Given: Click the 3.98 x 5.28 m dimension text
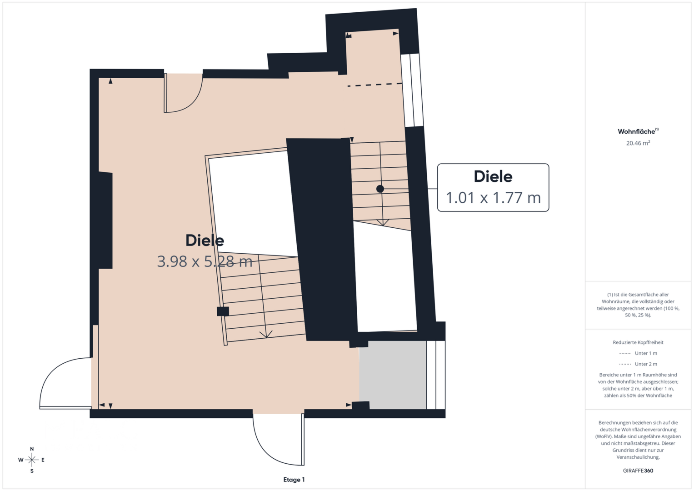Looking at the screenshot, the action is tap(205, 261).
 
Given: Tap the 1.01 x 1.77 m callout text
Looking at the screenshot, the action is tap(493, 197).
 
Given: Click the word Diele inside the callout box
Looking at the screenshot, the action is tap(493, 176).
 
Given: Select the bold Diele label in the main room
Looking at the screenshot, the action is tap(205, 240).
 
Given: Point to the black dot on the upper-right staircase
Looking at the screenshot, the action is tap(380, 189).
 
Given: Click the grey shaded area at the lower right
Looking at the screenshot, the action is tap(393, 375).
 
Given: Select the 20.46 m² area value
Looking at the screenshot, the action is tap(638, 143).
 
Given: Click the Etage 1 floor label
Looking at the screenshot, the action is tap(294, 480).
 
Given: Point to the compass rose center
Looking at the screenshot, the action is tap(32, 460).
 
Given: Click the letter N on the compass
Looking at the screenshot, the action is tap(32, 449).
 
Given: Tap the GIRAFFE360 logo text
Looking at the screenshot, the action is tap(638, 471).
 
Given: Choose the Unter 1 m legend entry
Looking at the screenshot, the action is tap(638, 353).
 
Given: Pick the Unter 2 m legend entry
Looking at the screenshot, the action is tap(638, 364).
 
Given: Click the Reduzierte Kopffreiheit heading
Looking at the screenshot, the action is tap(638, 342).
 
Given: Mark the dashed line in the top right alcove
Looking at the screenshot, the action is tap(375, 85).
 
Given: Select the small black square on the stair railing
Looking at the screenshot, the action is tap(223, 311).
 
